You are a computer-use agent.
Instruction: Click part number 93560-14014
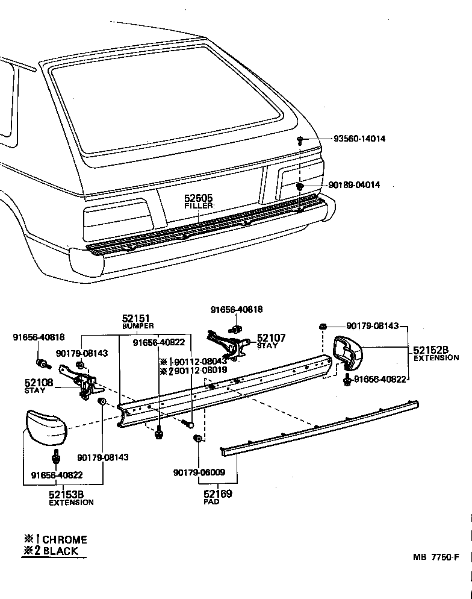359,139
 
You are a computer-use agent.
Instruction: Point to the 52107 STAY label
271,341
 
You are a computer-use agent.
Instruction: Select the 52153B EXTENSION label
71,498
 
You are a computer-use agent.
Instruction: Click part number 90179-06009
199,472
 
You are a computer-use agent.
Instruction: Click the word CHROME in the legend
64,539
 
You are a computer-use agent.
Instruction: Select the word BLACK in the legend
60,551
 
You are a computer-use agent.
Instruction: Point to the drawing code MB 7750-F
436,557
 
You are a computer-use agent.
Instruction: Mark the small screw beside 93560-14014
299,140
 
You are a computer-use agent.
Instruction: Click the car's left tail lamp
117,216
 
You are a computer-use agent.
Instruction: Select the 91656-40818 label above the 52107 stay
237,309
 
